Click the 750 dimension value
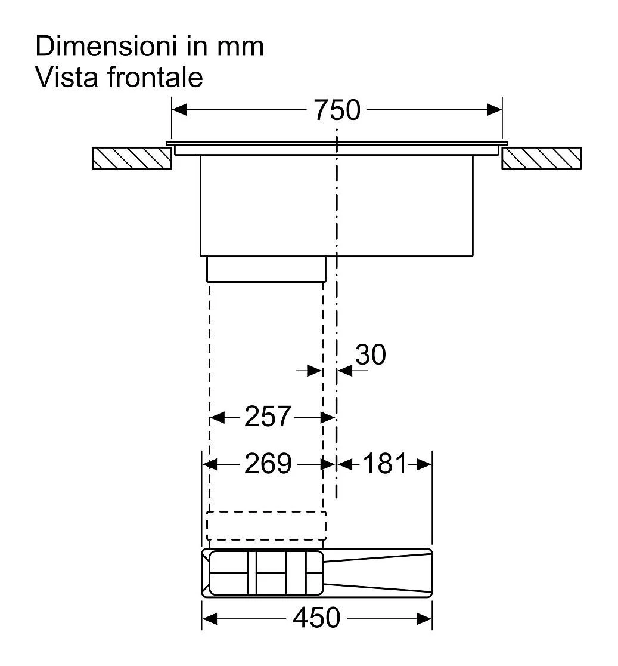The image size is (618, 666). click(337, 110)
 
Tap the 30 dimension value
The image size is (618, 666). click(370, 354)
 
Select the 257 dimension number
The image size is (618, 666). click(268, 417)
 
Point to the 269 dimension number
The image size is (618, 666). click(268, 464)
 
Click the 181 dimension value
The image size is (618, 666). click(385, 464)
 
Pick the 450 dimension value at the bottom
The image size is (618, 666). click(316, 618)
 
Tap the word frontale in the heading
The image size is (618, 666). click(155, 77)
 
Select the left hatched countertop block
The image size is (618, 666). click(132, 158)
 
